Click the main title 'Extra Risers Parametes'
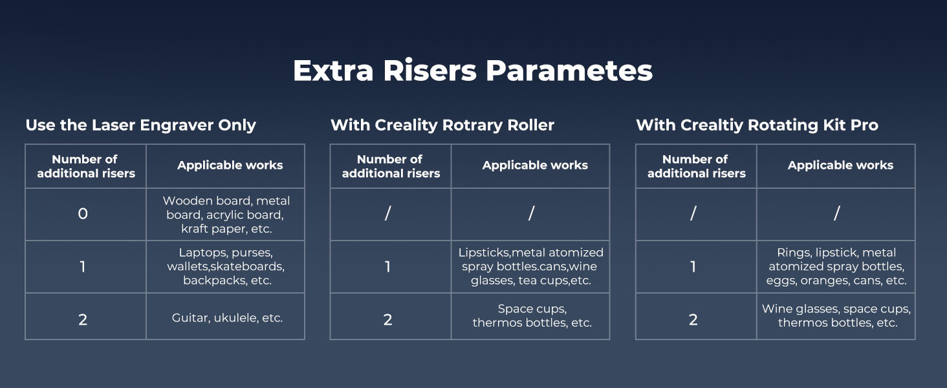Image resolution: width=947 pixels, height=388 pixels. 473,70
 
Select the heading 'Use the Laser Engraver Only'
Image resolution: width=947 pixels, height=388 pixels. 141,125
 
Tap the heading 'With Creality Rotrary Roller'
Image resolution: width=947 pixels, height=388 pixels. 442,125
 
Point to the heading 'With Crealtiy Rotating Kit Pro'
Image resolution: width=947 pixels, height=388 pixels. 757,125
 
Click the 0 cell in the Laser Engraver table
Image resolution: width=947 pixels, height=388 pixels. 83,214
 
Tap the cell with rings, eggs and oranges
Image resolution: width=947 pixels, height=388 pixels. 836,266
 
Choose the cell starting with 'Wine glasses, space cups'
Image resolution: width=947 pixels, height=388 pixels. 836,316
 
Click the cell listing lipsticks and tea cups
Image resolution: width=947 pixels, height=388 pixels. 531,266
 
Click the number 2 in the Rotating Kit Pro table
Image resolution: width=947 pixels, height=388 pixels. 693,320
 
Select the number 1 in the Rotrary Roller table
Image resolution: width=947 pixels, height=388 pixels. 387,266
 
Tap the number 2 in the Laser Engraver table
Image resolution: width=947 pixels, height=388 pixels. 83,320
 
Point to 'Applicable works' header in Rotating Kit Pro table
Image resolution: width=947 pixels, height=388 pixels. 840,166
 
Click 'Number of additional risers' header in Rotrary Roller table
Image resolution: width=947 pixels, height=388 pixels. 391,166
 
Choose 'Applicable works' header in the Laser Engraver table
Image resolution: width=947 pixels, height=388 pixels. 230,166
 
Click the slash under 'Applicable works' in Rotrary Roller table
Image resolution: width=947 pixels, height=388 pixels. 532,213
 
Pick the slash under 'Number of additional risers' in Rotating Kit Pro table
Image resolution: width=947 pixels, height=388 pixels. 693,213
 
